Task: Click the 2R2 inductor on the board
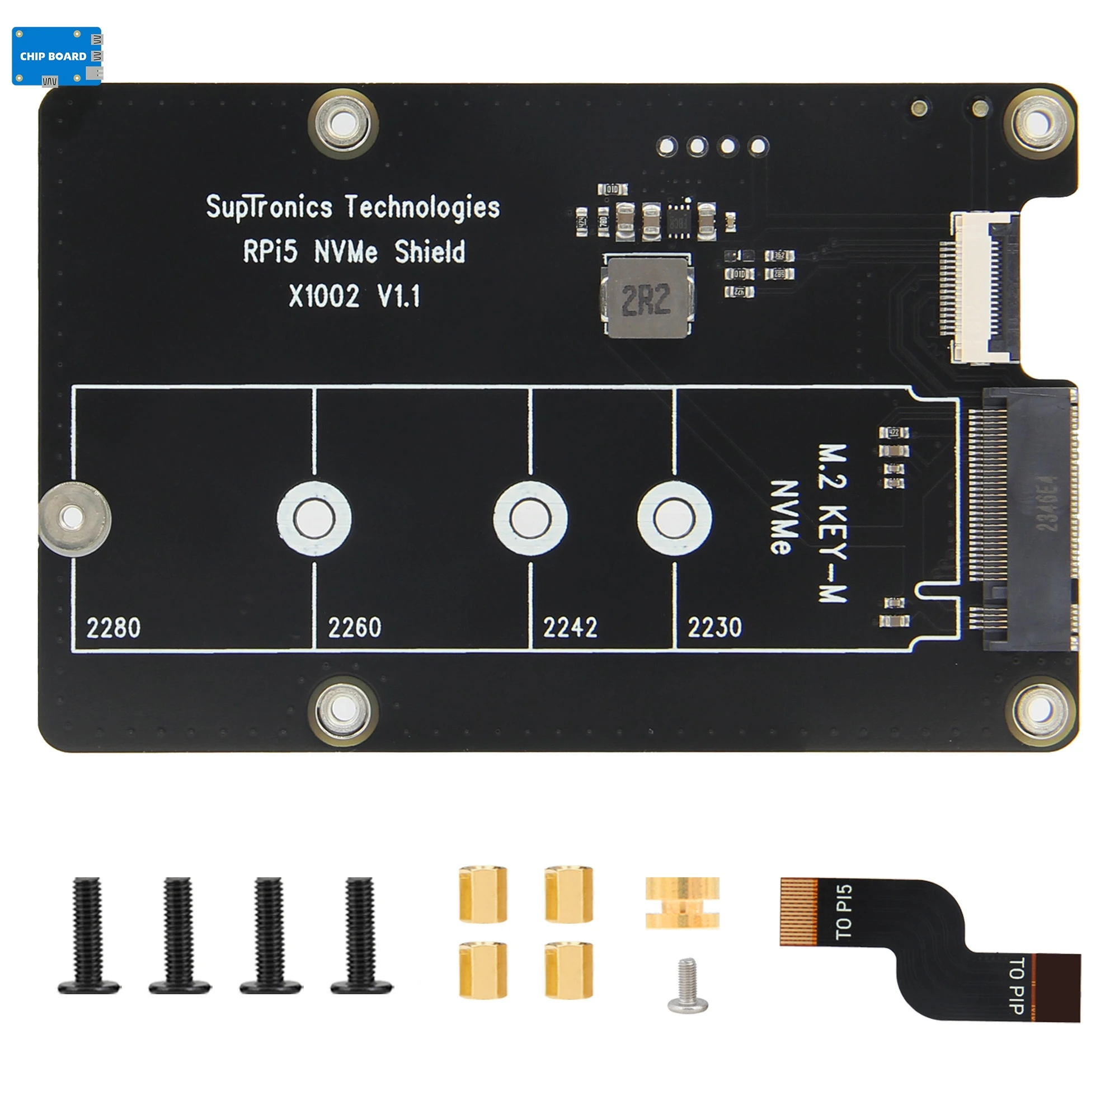(x=647, y=298)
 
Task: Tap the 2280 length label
(x=114, y=628)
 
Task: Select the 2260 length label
(x=355, y=627)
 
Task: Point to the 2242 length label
(x=570, y=627)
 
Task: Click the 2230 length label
(x=714, y=627)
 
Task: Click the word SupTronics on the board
(x=269, y=208)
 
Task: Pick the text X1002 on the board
(x=325, y=296)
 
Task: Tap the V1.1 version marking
(x=398, y=296)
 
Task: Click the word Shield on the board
(x=430, y=252)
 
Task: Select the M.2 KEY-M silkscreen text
(x=833, y=524)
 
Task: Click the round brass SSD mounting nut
(x=682, y=903)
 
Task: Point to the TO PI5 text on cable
(x=843, y=911)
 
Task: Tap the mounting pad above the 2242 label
(x=530, y=517)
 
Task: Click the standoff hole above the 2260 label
(x=314, y=517)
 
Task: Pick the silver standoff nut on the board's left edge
(x=72, y=517)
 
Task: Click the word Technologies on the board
(x=422, y=208)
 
